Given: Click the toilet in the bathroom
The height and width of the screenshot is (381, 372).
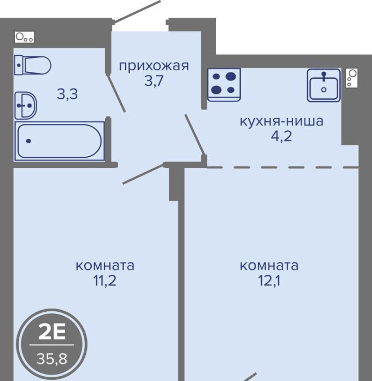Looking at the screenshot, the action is click(x=33, y=65).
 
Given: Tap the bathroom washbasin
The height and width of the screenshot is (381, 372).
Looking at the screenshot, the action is click(x=26, y=106).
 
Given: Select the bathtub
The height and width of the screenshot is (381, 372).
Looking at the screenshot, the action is click(x=60, y=141).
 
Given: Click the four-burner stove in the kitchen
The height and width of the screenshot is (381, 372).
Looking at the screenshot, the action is click(x=224, y=84).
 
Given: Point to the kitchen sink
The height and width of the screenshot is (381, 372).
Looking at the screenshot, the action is click(x=324, y=85).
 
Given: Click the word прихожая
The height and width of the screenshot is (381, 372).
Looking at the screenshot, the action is click(x=154, y=66).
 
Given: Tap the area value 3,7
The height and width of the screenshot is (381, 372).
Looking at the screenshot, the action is click(x=154, y=81).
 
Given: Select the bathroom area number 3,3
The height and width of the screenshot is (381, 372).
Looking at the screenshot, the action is click(x=67, y=94).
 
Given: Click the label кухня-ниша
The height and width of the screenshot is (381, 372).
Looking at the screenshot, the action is click(x=282, y=121).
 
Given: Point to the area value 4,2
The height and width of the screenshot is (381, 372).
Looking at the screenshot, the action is click(x=282, y=136).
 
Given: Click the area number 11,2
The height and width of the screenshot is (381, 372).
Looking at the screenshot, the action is click(x=105, y=281).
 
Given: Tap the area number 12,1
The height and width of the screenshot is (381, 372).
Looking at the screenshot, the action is click(x=269, y=281).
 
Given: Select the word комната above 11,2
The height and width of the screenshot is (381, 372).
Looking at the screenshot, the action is click(x=105, y=266).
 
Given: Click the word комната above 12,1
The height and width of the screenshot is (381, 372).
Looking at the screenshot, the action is click(x=269, y=266).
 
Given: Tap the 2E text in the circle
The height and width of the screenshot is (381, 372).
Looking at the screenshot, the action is click(x=52, y=333).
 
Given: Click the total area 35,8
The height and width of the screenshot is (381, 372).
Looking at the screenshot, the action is click(x=52, y=358).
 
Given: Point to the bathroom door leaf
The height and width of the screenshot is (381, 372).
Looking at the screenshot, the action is click(x=116, y=93).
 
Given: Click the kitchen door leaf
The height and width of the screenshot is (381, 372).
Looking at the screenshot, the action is click(x=195, y=134).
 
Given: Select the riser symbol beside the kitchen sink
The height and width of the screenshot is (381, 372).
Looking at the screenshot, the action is click(x=352, y=78).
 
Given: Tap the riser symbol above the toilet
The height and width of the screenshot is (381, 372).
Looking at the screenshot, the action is click(x=24, y=37).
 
